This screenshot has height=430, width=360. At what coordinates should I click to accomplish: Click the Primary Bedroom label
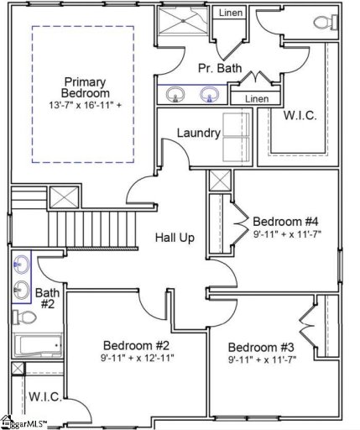84,87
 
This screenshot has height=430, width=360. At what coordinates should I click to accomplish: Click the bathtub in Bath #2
37,345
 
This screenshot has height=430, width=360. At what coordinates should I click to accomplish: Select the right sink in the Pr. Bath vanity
208,95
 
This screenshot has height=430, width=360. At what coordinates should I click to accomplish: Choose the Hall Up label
175,238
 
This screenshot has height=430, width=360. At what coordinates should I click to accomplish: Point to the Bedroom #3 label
261,348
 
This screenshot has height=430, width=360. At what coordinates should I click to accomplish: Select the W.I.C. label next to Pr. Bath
300,115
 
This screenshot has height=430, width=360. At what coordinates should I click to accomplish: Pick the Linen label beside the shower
230,13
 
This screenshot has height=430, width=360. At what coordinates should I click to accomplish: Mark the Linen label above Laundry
257,99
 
